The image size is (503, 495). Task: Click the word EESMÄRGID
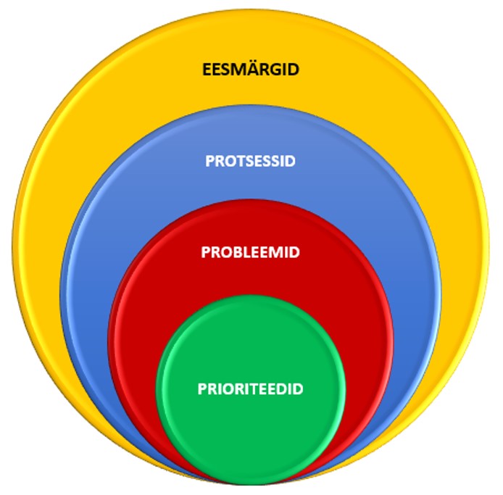point(251,69)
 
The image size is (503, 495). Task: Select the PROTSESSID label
point(250,161)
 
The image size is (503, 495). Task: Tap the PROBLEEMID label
point(250,252)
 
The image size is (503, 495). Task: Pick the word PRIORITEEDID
point(250,388)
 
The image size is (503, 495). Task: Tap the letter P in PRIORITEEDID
point(202,388)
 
